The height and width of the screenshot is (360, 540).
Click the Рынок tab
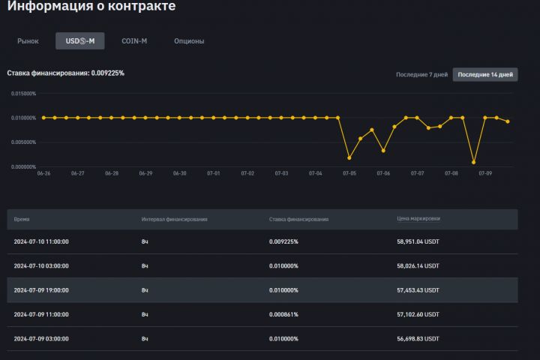pyautogui.click(x=28, y=40)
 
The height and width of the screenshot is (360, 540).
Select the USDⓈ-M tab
pyautogui.click(x=80, y=40)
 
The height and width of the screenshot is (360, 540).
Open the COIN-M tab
pyautogui.click(x=134, y=40)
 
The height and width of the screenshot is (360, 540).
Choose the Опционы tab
pyautogui.click(x=189, y=40)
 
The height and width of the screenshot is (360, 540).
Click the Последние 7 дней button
pyautogui.click(x=421, y=74)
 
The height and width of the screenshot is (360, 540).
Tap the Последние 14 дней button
pyautogui.click(x=485, y=74)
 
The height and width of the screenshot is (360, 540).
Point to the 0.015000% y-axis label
pyautogui.click(x=23, y=94)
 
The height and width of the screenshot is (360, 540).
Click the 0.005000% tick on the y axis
pyautogui.click(x=23, y=142)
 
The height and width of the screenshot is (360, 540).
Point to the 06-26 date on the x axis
pyautogui.click(x=43, y=173)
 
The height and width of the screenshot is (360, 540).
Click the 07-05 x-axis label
pyautogui.click(x=349, y=173)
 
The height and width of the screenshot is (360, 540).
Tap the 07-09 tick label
pyautogui.click(x=485, y=173)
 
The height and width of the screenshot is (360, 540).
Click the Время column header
pyautogui.click(x=22, y=219)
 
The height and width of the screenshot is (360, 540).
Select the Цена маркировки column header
pyautogui.click(x=418, y=219)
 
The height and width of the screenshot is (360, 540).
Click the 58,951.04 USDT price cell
pyautogui.click(x=418, y=241)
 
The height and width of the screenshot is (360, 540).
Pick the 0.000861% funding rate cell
pyautogui.click(x=283, y=314)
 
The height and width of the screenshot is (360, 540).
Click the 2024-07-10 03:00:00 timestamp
pyautogui.click(x=41, y=265)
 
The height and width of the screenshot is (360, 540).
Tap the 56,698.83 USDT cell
pyautogui.click(x=418, y=338)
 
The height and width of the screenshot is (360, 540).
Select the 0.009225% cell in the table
pyautogui.click(x=283, y=241)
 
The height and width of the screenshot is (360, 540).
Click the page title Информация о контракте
pyautogui.click(x=91, y=7)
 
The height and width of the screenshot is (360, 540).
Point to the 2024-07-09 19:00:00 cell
pyautogui.click(x=41, y=289)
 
